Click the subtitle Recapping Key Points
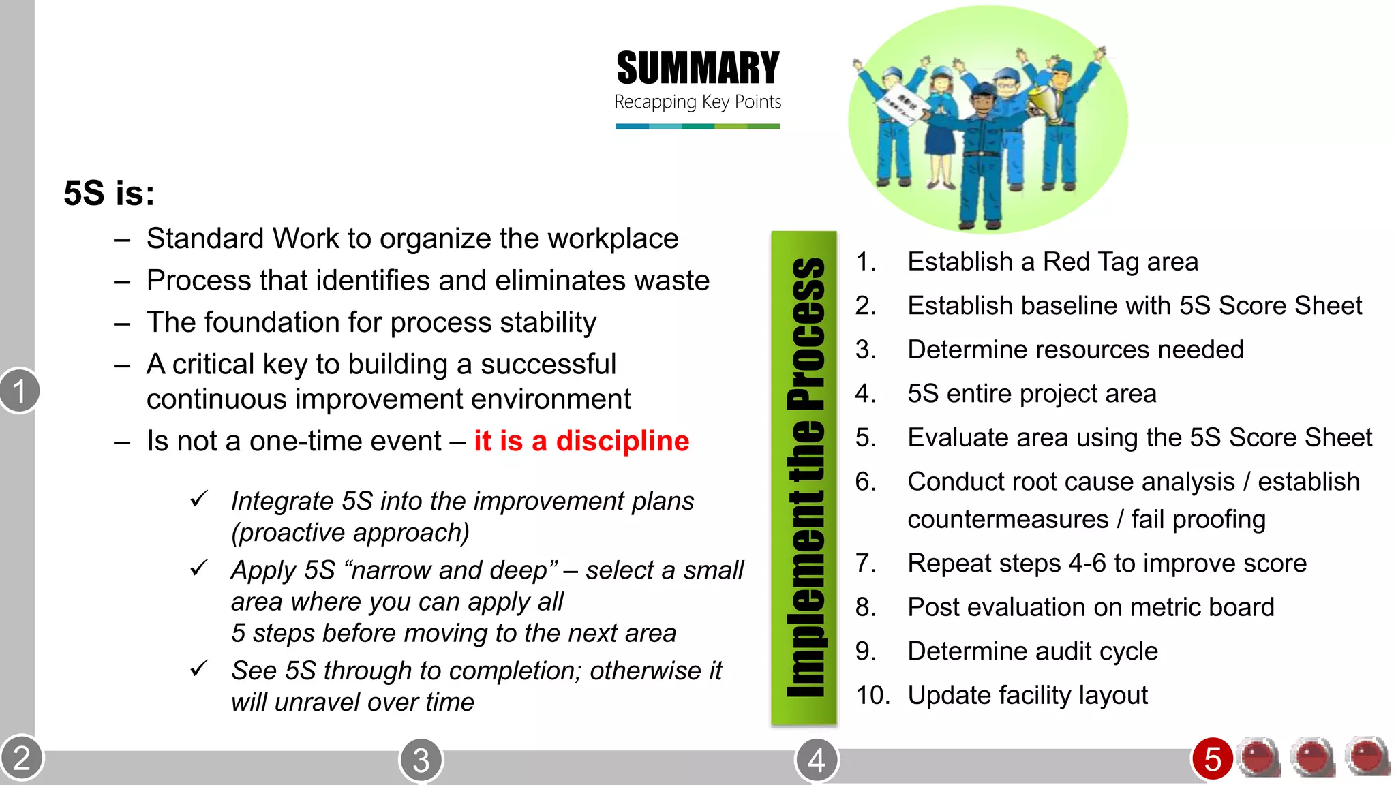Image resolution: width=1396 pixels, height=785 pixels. [x=697, y=102]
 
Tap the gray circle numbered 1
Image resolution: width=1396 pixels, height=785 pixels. [x=19, y=391]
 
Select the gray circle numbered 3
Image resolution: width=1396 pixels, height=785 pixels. [x=421, y=760]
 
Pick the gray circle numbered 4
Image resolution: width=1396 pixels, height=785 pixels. [x=816, y=760]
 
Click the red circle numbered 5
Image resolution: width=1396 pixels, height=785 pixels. [x=1212, y=758]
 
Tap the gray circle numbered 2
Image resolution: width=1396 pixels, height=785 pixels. [x=21, y=758]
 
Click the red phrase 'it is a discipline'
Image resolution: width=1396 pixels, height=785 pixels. [x=581, y=441]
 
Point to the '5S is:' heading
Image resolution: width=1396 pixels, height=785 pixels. [x=109, y=193]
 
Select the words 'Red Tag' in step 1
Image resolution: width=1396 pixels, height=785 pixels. [x=1091, y=262]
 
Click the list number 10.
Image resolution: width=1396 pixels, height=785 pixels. [x=872, y=696]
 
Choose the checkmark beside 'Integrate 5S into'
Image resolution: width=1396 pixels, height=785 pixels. [x=199, y=499]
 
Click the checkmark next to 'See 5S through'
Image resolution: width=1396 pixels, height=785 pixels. [x=199, y=668]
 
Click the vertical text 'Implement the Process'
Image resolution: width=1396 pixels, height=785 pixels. [x=804, y=477]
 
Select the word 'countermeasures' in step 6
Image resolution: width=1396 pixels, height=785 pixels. [x=1007, y=520]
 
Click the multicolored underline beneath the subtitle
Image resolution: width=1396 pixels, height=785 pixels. [x=697, y=126]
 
